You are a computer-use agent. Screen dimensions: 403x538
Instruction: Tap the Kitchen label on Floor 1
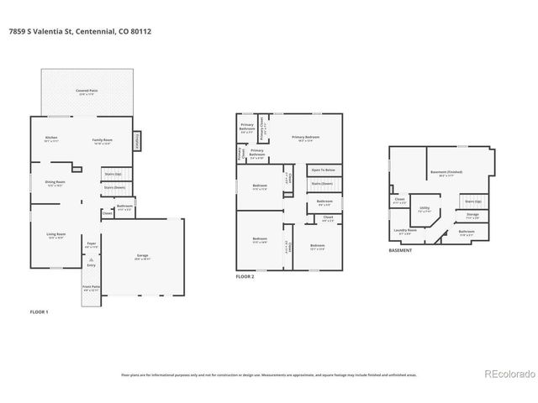coord(51,139)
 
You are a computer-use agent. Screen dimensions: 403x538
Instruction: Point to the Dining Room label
coord(55,182)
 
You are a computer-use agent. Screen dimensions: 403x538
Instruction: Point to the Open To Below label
coord(324,170)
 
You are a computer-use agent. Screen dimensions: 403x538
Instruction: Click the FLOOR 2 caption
coord(245,276)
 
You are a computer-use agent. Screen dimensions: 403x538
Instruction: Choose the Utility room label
coord(425,208)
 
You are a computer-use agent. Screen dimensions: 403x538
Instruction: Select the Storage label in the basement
coord(472,215)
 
